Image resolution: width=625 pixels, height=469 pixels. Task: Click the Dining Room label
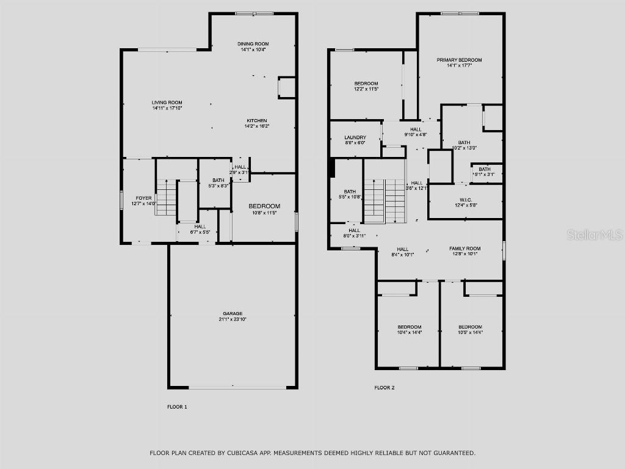tap(253, 44)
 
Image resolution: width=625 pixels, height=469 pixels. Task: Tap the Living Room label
tap(167, 103)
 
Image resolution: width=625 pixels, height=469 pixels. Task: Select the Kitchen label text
tap(256, 120)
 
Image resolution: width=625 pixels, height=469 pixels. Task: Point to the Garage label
tap(232, 314)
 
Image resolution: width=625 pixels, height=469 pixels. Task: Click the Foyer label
tap(143, 198)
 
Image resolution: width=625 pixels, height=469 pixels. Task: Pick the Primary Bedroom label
tap(459, 60)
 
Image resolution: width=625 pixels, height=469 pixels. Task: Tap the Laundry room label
tap(355, 137)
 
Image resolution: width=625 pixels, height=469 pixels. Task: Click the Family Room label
tap(464, 249)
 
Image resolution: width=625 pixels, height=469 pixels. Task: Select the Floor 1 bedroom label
tap(264, 206)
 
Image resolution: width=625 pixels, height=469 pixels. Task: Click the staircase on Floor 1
tap(166, 198)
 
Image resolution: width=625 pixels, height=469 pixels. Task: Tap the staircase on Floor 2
tap(385, 201)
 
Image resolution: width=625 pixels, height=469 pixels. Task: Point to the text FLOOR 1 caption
tap(177, 407)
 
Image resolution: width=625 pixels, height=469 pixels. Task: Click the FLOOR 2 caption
tap(385, 387)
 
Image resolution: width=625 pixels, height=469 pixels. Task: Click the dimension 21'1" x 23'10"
tap(232, 319)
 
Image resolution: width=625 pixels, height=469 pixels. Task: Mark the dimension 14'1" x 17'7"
tap(459, 65)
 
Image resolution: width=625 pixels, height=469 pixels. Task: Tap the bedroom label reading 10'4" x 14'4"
tap(409, 332)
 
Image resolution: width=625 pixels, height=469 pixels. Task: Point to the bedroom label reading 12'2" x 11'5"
tap(366, 89)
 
